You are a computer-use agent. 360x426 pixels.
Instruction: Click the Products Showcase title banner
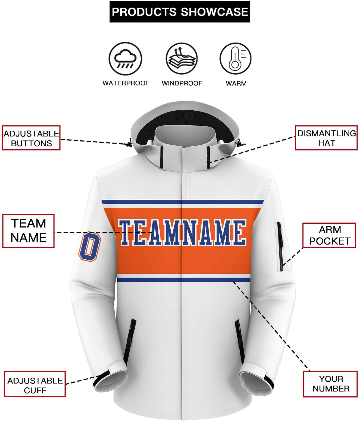[180, 12]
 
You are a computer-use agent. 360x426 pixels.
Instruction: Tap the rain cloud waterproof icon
[125, 59]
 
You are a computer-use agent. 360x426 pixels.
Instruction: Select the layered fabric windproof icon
[181, 59]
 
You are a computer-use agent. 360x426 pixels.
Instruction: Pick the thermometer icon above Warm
[235, 59]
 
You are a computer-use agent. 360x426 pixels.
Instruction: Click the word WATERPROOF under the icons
[126, 83]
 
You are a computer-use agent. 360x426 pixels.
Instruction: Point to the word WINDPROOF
[182, 83]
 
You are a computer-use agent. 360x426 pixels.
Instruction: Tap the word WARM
[236, 83]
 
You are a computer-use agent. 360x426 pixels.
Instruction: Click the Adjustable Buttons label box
[31, 138]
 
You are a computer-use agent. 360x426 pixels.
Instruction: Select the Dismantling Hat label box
[326, 138]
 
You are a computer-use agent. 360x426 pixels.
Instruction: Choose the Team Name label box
[28, 231]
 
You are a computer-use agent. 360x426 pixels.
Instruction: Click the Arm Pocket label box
[329, 235]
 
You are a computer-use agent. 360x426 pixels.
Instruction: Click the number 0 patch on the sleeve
[90, 246]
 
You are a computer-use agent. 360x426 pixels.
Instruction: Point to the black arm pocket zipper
[280, 246]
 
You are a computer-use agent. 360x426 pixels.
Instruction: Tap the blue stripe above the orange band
[183, 202]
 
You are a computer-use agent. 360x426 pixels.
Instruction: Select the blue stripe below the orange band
[184, 280]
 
